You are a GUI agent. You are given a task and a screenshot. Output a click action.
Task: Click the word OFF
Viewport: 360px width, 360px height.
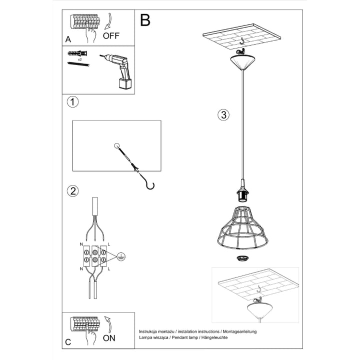[111, 35]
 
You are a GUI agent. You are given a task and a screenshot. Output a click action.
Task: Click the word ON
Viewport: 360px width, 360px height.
[108, 338]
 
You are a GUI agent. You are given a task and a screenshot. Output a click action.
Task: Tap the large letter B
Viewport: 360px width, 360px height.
[145, 20]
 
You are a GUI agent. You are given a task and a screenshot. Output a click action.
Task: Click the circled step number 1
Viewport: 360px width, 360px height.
[73, 102]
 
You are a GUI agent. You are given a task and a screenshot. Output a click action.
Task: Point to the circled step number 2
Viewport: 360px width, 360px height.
[73, 190]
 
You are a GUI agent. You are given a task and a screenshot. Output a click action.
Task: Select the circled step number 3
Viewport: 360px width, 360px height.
[223, 114]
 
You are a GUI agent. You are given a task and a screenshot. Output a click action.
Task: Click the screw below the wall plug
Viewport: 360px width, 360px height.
[77, 64]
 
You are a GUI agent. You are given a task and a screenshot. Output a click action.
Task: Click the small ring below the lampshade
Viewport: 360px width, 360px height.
[242, 258]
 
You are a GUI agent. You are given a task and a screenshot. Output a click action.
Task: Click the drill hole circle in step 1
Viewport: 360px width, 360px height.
[117, 146]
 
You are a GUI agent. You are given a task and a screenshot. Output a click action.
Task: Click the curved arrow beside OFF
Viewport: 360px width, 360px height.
[108, 23]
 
